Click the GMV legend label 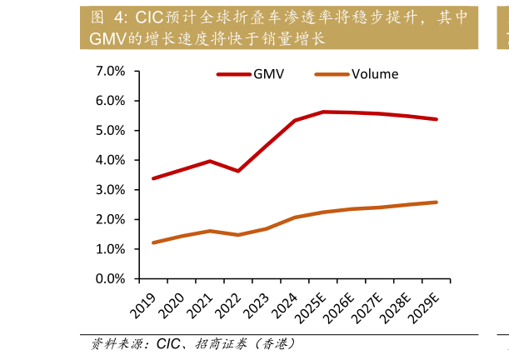click(269, 74)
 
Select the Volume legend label click(375, 74)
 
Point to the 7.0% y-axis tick click(111, 72)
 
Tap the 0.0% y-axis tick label click(111, 278)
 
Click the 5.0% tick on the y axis click(111, 131)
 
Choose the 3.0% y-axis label click(111, 190)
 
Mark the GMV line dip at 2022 click(238, 171)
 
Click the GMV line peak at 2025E click(323, 112)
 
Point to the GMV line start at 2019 click(153, 178)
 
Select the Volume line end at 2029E click(437, 202)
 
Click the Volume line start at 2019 click(153, 242)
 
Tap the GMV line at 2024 click(295, 121)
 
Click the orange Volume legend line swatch click(332, 74)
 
